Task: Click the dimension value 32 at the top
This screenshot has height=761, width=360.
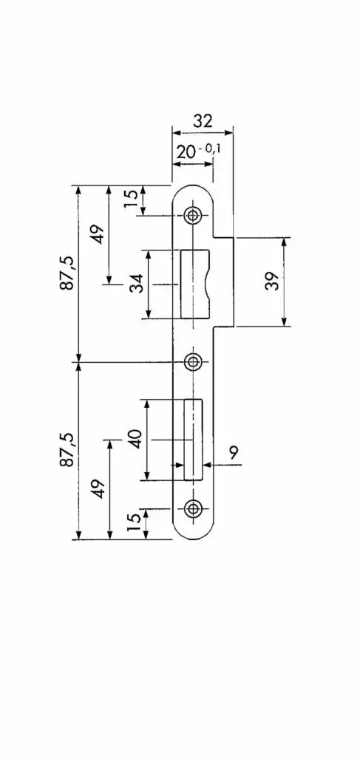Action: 203,121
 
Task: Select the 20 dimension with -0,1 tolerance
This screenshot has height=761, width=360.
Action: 198,151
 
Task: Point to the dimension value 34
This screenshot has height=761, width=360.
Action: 137,284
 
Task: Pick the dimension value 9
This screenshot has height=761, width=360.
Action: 234,453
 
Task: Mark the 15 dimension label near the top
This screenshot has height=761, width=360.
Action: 131,199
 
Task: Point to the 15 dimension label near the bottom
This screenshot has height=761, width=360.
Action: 134,522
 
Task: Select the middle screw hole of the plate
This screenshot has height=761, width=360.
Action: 194,361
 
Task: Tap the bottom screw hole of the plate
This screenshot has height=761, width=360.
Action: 194,508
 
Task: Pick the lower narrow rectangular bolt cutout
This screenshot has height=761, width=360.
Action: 193,440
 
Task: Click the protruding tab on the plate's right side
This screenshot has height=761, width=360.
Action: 223,281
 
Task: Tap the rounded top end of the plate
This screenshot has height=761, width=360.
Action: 194,185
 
